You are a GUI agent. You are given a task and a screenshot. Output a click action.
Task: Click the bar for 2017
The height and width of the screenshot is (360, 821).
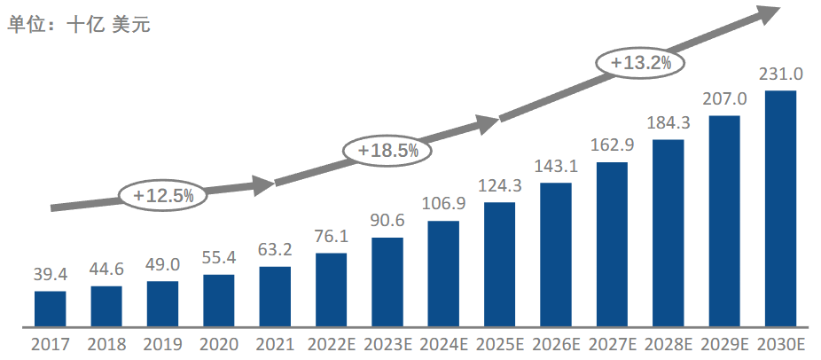(51, 308)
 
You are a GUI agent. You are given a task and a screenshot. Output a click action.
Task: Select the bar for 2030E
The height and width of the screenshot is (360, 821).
(781, 207)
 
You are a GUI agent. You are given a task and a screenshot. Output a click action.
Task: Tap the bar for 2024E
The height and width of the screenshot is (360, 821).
(443, 272)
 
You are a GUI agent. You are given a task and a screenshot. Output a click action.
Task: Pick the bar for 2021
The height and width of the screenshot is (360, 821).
(275, 295)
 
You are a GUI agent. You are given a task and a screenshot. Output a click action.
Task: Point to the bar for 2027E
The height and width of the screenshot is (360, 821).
(612, 243)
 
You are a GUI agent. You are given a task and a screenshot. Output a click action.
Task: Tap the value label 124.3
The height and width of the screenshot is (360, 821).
(500, 187)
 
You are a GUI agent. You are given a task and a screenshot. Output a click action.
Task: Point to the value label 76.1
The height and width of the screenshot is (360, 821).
(331, 238)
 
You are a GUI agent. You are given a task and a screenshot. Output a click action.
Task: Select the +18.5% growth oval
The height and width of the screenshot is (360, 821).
(387, 150)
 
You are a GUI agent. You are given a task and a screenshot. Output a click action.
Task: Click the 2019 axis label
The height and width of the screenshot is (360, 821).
(163, 344)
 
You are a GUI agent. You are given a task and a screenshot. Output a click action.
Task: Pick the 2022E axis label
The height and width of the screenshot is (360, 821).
(331, 344)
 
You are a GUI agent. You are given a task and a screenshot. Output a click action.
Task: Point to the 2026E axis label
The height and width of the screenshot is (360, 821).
(556, 344)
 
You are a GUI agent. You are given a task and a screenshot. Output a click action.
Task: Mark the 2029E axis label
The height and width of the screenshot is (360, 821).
(724, 344)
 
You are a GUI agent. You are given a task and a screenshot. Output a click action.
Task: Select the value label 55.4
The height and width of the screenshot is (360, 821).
(219, 259)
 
